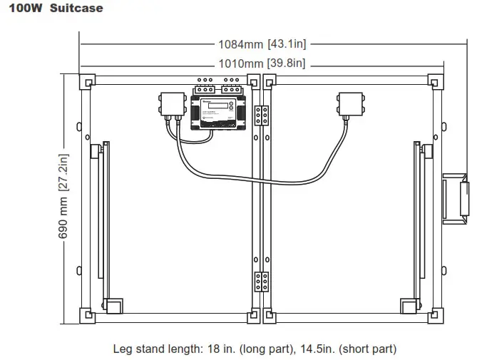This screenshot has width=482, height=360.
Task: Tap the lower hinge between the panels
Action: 262,282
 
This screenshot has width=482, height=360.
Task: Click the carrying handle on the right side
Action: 456,197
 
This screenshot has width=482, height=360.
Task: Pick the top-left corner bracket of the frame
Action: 86,82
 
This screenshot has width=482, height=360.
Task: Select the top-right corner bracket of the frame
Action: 436,82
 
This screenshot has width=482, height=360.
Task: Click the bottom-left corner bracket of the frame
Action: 86,314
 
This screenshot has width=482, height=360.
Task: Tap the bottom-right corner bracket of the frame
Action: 436,314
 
